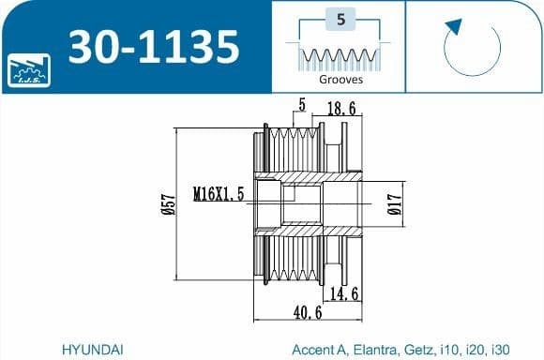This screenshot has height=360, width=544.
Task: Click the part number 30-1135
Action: pyautogui.click(x=154, y=47)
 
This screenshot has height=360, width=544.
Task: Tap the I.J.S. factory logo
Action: pyautogui.click(x=29, y=70)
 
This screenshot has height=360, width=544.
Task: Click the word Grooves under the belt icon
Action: pyautogui.click(x=341, y=80)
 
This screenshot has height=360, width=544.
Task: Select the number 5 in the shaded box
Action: pyautogui.click(x=341, y=19)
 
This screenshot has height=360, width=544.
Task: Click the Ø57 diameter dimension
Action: pyautogui.click(x=170, y=204)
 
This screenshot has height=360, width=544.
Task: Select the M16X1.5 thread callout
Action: pyautogui.click(x=219, y=194)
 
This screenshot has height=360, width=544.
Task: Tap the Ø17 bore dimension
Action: pyautogui.click(x=395, y=204)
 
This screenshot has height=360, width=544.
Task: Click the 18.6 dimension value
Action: pyautogui.click(x=341, y=109)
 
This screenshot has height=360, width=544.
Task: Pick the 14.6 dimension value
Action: pyautogui.click(x=344, y=293)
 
